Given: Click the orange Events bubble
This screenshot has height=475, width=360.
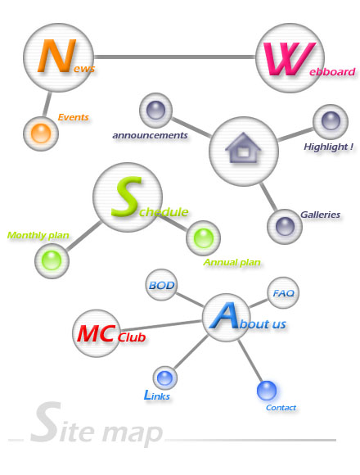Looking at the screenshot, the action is [41, 133].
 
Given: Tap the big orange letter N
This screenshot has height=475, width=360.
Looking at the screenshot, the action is [56, 56].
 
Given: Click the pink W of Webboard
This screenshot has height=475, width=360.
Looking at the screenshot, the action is [289, 58].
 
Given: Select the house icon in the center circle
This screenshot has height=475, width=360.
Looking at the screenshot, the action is [243, 147].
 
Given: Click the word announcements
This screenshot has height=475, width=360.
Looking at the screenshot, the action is [150, 135].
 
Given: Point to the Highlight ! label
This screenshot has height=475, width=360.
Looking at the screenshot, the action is [328, 147].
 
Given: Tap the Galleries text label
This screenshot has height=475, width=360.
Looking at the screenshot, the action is [320, 215].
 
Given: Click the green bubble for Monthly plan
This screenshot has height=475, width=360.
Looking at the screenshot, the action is [52, 260].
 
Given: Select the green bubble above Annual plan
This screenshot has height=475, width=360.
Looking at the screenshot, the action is [203, 237].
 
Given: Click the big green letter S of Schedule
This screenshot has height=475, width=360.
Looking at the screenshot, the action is [127, 197].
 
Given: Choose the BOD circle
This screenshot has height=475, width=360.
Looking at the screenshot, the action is [161, 285].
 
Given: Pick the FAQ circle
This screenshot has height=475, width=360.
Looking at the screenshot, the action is [283, 292].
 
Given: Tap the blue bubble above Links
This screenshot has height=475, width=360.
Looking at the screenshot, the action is [165, 378].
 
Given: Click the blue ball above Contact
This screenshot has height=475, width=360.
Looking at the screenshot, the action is [267, 390].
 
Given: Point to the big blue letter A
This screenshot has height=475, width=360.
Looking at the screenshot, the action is [224, 316].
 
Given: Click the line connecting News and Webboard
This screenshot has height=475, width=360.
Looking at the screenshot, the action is [174, 57].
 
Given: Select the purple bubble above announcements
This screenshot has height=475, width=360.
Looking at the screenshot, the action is [155, 111].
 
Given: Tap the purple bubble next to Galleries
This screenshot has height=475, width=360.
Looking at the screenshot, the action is [285, 226].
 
